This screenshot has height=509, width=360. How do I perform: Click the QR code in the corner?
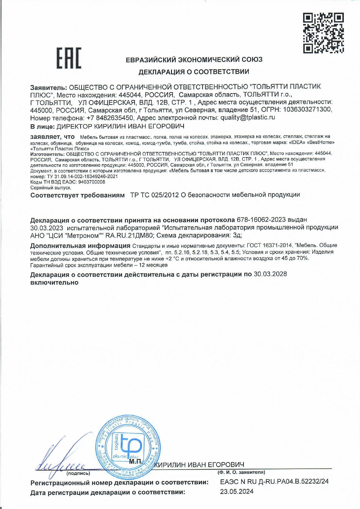pyautogui.click(x=323, y=33)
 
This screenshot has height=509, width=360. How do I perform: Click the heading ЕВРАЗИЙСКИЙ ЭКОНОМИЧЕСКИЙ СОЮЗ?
pyautogui.click(x=194, y=60)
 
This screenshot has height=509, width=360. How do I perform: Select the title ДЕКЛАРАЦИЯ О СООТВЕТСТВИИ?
pyautogui.click(x=194, y=72)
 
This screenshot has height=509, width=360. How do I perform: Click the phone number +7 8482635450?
pyautogui.click(x=110, y=118)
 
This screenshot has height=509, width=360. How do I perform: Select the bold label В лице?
pyautogui.click(x=42, y=126)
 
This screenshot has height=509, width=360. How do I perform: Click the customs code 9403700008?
pyautogui.click(x=92, y=182)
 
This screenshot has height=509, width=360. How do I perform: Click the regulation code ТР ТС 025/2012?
pyautogui.click(x=154, y=195)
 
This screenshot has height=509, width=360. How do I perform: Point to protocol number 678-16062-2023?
pyautogui.click(x=261, y=220)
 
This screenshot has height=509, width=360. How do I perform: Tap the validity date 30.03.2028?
pyautogui.click(x=270, y=274)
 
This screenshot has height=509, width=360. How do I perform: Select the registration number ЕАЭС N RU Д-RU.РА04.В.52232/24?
pyautogui.click(x=274, y=481)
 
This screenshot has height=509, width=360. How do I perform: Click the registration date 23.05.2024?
pyautogui.click(x=237, y=491)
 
